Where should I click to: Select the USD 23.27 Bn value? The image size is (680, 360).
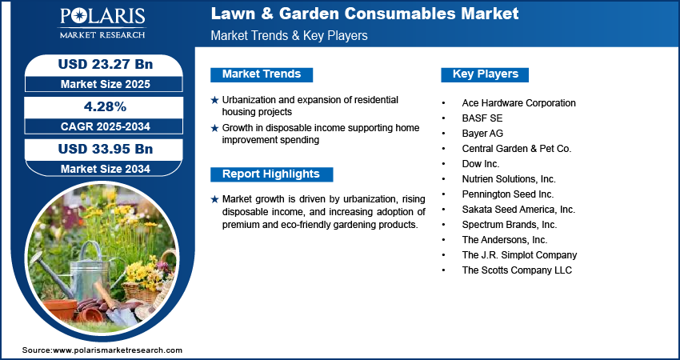click(100, 63)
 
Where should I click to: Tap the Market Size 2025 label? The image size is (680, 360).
click(100, 82)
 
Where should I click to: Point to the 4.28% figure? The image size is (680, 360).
click(100, 106)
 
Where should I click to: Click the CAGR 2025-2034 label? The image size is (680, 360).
click(100, 126)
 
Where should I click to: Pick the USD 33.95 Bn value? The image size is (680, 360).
click(100, 150)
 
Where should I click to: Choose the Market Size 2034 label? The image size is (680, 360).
click(100, 168)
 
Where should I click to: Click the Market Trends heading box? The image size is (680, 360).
click(262, 74)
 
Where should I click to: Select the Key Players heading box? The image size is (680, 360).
click(486, 74)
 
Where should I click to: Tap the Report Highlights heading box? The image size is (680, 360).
click(271, 174)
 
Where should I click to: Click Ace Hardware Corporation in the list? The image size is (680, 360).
click(518, 103)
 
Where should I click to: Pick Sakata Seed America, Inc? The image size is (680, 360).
click(518, 210)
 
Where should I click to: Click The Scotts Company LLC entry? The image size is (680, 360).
click(517, 270)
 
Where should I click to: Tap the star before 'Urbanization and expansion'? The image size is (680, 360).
click(214, 100)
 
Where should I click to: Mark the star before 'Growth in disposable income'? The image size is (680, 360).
click(214, 128)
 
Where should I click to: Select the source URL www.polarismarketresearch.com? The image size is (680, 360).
click(118, 350)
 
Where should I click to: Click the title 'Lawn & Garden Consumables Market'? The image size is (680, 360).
click(364, 14)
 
